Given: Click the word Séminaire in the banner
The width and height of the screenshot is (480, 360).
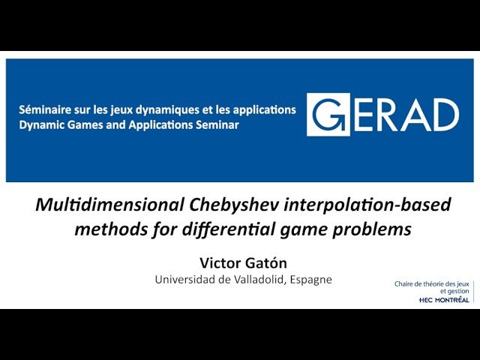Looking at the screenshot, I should pyautogui.click(x=46, y=109).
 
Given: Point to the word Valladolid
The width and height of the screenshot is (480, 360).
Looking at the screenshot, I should pyautogui.click(x=262, y=279).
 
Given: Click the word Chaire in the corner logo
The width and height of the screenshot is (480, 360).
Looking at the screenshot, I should pyautogui.click(x=405, y=283).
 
